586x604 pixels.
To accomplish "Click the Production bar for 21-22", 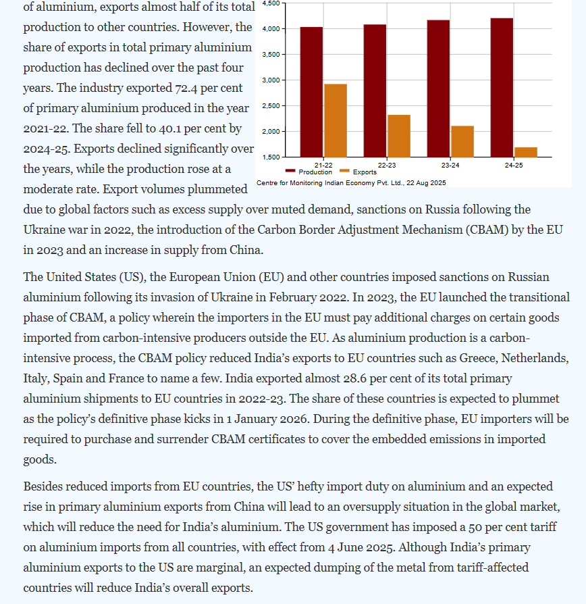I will tap(311, 92).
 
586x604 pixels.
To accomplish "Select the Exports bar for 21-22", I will tap(336, 120).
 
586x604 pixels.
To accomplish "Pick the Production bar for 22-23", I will tap(375, 91).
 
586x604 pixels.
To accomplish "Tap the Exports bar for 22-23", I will tap(399, 136).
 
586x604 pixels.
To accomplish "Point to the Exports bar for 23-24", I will tap(462, 141).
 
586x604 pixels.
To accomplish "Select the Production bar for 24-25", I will tap(502, 87).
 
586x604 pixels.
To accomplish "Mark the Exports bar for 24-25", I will tap(526, 152).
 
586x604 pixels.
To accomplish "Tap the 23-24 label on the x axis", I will tap(450, 165).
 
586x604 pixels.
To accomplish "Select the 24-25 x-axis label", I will tap(514, 165).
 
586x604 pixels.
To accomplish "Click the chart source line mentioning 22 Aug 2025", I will tap(351, 183).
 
